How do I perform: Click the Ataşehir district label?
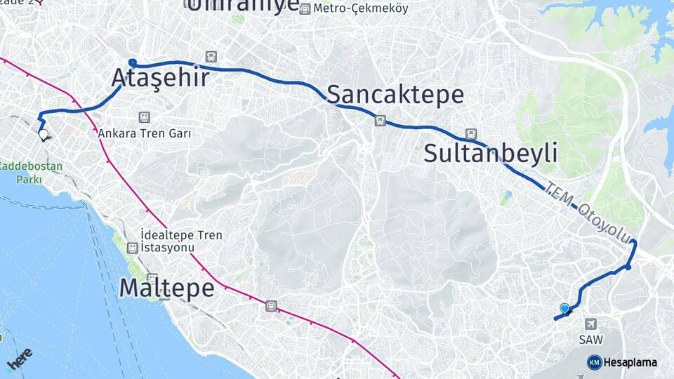(160, 78)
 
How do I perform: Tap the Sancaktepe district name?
(395, 94)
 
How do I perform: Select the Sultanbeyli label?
(490, 153)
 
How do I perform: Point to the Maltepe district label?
(166, 287)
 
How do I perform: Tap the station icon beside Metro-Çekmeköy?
(305, 9)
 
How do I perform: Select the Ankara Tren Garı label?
(145, 133)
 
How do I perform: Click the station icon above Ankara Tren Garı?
(145, 117)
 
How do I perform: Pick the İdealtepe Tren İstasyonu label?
(181, 240)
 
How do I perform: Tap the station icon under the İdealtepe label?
(132, 248)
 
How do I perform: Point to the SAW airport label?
(590, 339)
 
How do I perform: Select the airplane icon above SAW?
(590, 324)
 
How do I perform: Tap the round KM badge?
(594, 362)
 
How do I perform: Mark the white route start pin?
(44, 134)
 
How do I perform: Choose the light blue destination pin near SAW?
(564, 308)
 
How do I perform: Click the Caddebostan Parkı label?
(31, 173)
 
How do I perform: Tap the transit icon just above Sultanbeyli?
(470, 134)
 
